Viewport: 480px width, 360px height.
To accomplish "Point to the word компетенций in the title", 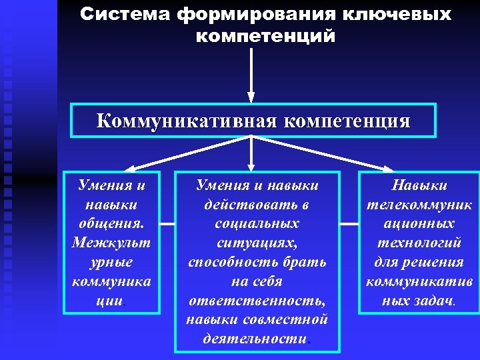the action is [265, 35].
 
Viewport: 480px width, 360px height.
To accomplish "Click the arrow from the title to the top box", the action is [251, 73].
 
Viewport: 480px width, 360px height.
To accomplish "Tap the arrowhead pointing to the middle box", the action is [251, 164].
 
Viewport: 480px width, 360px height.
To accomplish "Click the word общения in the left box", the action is [111, 222].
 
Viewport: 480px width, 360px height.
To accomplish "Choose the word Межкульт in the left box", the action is [111, 241].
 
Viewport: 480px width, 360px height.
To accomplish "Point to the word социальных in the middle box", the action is [257, 223].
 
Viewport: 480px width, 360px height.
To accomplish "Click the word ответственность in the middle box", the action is [257, 300].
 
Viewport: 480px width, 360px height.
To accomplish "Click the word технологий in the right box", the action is [419, 242].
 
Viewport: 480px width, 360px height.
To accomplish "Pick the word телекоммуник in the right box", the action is [419, 204].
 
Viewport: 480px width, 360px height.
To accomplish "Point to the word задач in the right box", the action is [433, 300].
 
